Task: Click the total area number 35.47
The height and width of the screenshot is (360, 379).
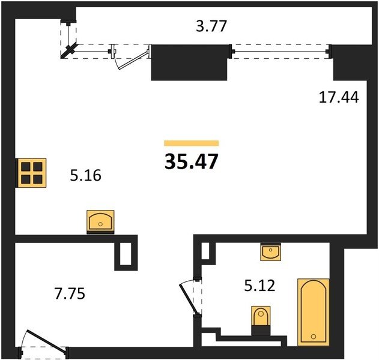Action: coord(192,161)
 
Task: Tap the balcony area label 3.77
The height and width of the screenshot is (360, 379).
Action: coord(211,26)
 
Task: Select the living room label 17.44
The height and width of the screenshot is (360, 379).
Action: coord(339,98)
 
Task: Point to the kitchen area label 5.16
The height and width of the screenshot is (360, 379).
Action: coord(85,175)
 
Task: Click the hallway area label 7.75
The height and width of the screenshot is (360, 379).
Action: coord(70,294)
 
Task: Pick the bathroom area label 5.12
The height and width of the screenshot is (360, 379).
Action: coord(260,286)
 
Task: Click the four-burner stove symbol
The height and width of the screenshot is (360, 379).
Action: coord(31,173)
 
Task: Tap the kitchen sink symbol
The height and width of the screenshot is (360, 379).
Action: coord(100,221)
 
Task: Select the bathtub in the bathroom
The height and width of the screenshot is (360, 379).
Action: coord(314,312)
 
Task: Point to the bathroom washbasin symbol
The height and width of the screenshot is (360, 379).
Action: coord(271,252)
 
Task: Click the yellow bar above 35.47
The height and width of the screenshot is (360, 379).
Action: coord(192,143)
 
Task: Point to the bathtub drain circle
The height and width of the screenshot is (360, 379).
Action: coord(314,337)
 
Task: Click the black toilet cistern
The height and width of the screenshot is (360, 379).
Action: coord(261,330)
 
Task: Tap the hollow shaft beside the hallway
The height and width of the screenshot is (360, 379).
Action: coord(126,254)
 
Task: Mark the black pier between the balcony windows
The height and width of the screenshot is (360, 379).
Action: coord(189,62)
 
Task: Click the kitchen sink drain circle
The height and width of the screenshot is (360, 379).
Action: coord(100,224)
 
